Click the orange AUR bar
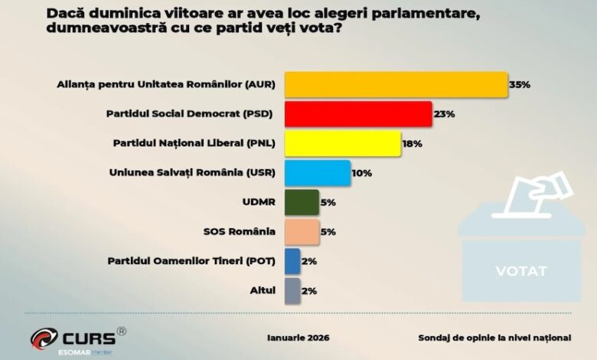(396, 84)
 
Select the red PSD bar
(358, 114)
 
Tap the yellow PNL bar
(343, 143)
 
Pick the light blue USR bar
(318, 172)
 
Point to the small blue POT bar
(292, 261)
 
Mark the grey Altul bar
(292, 290)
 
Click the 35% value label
(520, 84)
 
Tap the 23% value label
(445, 114)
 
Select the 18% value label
(413, 143)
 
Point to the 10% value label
(362, 173)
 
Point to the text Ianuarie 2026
(299, 337)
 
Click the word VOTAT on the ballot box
(520, 270)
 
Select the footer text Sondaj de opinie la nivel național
(494, 337)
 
